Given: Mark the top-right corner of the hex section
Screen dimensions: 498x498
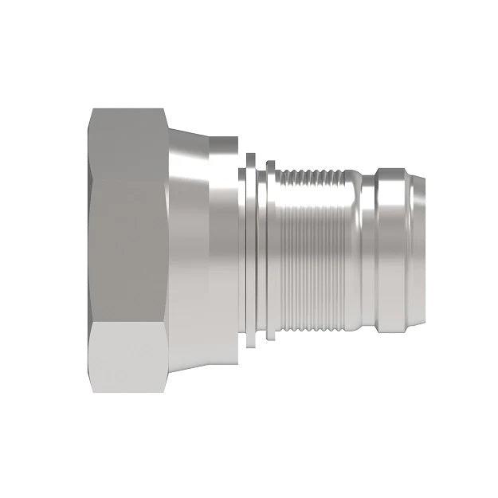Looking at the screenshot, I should click(163, 110).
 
